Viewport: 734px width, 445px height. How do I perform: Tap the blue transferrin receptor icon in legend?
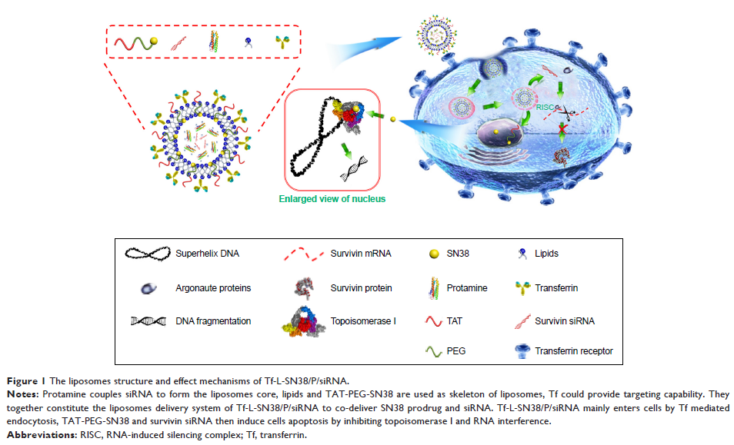pyautogui.click(x=528, y=351)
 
